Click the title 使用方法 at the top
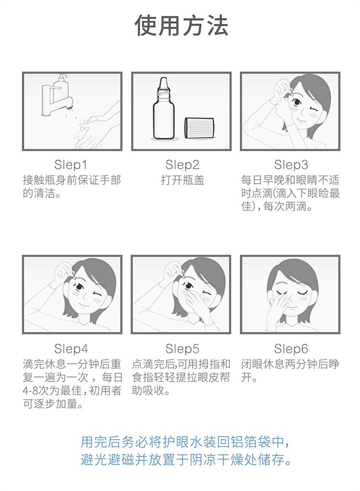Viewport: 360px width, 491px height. point(181,25)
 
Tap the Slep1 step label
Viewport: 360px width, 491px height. point(71,165)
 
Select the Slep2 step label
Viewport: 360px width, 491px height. point(182,165)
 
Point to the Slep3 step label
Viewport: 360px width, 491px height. point(291,165)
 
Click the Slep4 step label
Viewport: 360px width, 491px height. point(71,348)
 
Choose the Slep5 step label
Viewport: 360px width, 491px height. point(182,348)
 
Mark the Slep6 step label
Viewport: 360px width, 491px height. point(291,348)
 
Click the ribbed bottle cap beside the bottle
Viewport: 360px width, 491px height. point(199,127)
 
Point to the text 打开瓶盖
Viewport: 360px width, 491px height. point(182,180)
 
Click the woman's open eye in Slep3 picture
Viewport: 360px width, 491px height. point(296,102)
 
